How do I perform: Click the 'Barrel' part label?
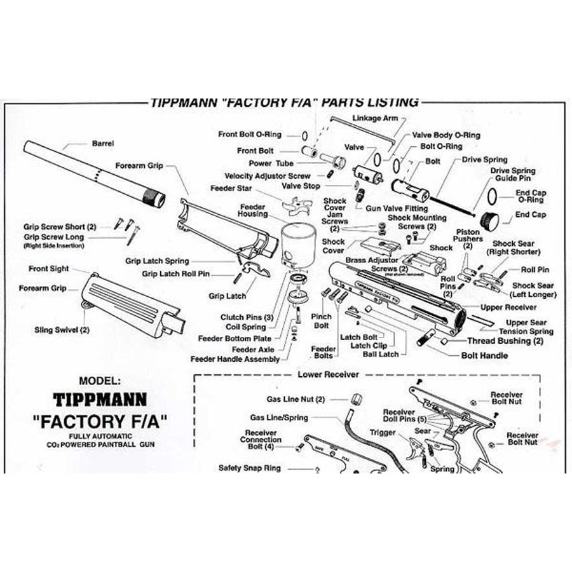pos(102,144)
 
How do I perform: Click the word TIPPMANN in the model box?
pos(100,400)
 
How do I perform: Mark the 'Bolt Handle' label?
pos(484,355)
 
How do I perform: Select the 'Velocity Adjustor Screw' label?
pos(268,176)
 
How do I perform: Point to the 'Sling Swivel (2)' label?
pos(62,330)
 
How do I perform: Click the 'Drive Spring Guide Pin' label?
pos(512,175)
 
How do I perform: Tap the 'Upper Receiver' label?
pos(508,308)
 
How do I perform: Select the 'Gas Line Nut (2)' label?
pos(296,399)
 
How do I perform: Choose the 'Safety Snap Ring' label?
pos(249,468)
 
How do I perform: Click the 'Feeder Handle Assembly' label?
pos(235,359)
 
